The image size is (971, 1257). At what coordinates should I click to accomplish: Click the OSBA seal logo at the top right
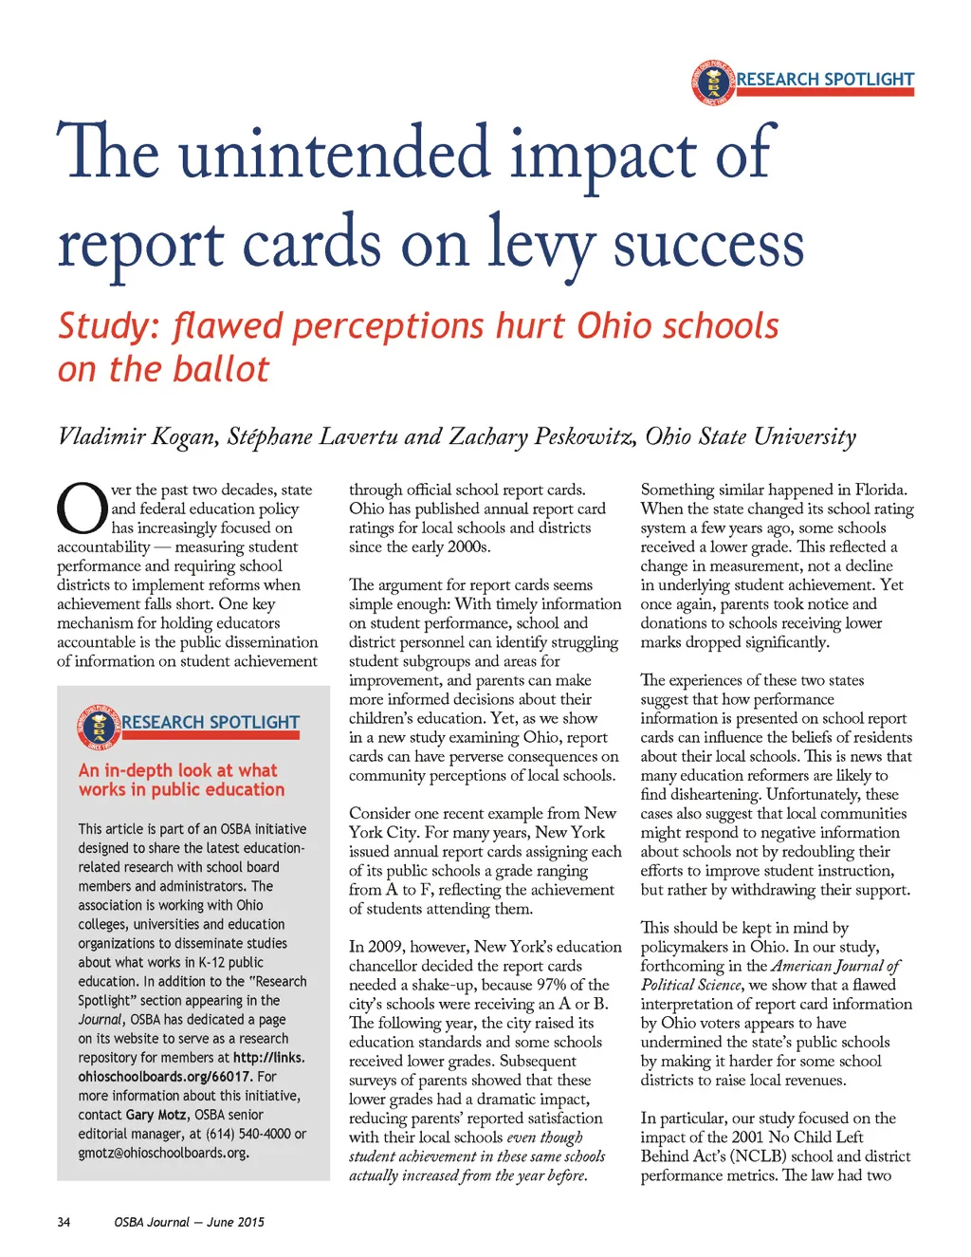[713, 83]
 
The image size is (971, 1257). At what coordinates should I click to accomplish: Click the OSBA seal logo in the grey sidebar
[99, 727]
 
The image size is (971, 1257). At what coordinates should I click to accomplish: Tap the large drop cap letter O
[82, 509]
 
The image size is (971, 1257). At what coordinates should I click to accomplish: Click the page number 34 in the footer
[64, 1222]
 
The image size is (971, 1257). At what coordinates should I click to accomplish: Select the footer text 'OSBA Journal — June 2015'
[190, 1222]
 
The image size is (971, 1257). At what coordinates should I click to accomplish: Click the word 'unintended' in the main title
[337, 155]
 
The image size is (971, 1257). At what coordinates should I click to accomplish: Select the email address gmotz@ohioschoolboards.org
[163, 1153]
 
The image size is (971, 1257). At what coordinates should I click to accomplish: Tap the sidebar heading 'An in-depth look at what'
[178, 770]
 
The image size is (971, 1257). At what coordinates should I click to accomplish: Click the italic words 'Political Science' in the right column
[692, 985]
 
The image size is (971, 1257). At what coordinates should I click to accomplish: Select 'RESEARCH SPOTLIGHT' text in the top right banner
[825, 79]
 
